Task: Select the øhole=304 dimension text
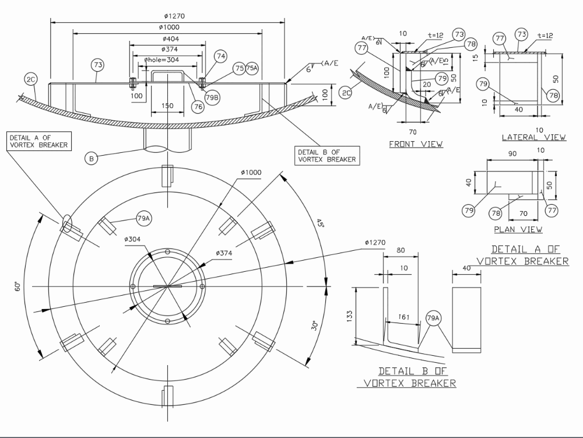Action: [161, 59]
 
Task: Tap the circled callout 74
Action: [220, 56]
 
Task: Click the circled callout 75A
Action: [251, 68]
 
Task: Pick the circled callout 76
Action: [198, 106]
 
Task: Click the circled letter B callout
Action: [90, 157]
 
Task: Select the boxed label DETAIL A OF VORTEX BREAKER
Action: [38, 141]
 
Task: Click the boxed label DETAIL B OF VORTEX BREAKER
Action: [326, 155]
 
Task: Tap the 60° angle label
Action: [18, 286]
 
